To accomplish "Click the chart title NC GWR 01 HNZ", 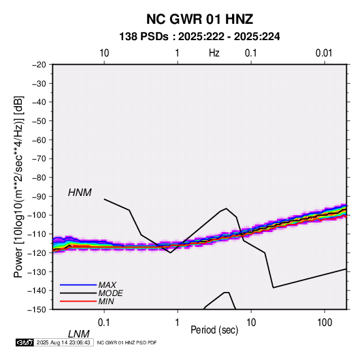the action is (199, 19).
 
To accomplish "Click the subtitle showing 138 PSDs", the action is (199, 37).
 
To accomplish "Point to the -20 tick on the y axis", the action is (39, 65).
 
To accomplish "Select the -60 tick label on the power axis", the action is (39, 140).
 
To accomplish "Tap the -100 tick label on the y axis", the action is (37, 215).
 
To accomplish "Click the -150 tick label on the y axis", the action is (37, 310).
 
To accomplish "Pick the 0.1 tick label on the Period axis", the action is (104, 323).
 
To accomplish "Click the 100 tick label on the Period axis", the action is (325, 323).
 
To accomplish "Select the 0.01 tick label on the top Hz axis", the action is (324, 53).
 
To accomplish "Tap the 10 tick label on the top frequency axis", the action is (104, 53).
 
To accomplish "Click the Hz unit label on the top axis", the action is (214, 53).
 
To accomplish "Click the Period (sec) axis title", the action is (214, 330).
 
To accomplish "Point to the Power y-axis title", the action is (18, 187).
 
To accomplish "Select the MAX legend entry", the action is (107, 285).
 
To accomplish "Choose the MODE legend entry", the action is (110, 293).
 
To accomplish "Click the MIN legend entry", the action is (106, 301).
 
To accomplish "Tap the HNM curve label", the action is (80, 193).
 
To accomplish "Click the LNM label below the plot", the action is (79, 334).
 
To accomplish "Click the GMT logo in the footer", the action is (25, 342).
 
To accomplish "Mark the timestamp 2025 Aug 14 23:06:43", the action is (63, 342).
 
